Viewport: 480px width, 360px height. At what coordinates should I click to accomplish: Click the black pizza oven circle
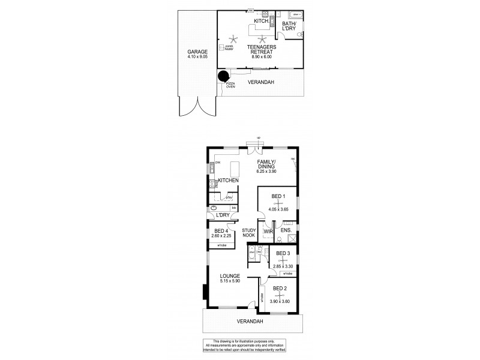(223, 76)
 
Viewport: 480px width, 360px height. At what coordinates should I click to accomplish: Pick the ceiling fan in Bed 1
(278, 204)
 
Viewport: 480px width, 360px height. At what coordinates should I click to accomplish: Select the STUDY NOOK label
(249, 233)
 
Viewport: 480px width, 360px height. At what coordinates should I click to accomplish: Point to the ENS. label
(286, 230)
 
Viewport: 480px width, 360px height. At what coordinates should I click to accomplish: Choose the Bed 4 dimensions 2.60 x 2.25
(220, 236)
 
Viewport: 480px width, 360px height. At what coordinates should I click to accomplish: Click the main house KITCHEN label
(229, 181)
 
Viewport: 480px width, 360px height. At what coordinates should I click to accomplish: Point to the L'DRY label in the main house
(223, 215)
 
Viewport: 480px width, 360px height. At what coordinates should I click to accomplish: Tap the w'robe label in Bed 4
(220, 246)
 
